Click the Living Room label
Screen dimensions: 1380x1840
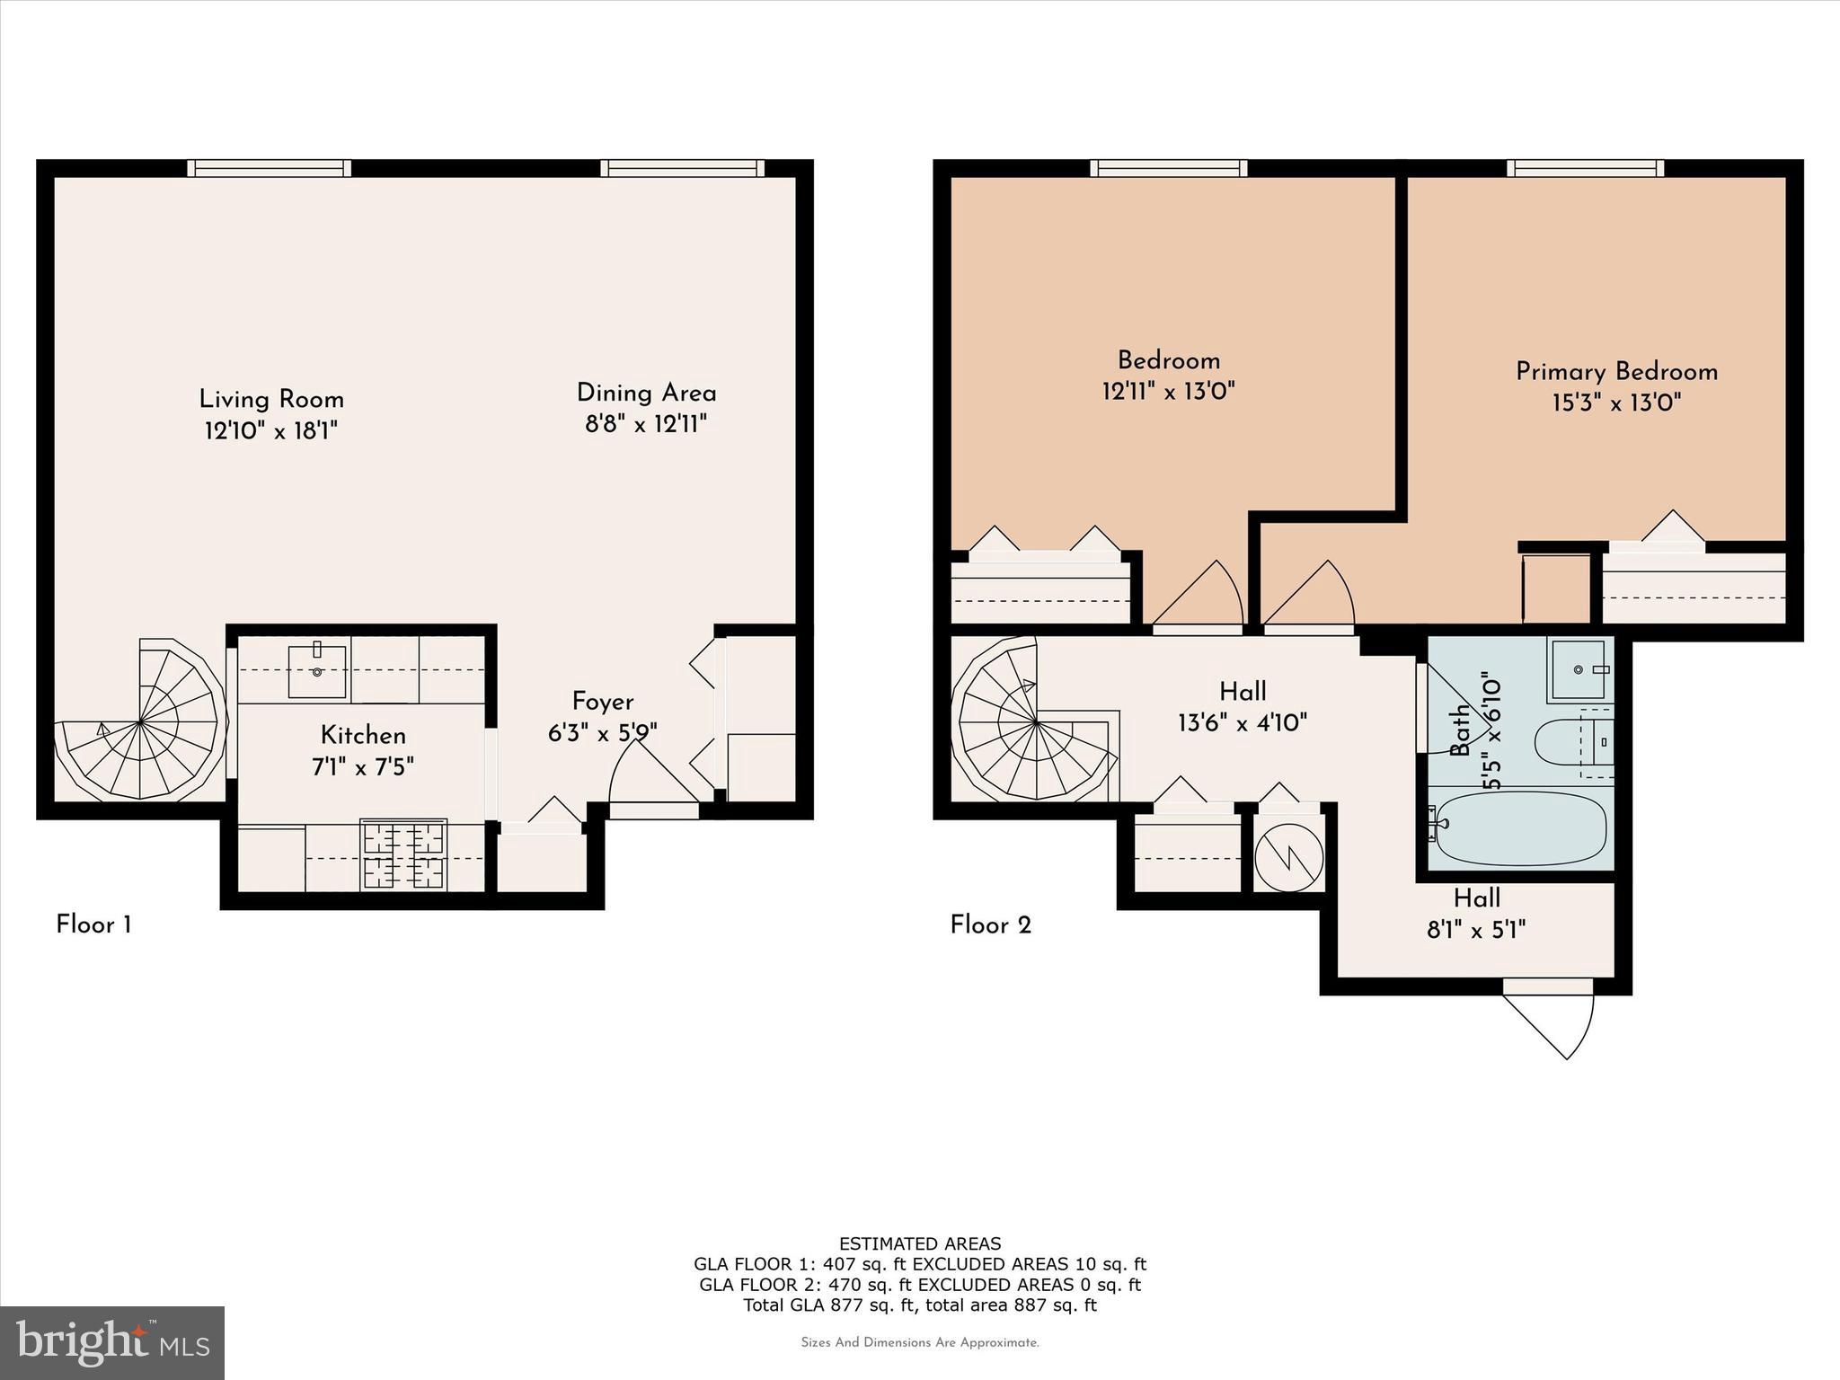coord(271,399)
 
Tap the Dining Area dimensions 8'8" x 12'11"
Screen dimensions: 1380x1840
coord(646,424)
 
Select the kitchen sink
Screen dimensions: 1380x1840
coord(316,670)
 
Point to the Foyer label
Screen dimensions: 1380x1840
coord(603,702)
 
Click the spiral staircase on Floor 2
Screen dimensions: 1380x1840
coord(1036,722)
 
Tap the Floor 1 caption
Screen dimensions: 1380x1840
coord(93,924)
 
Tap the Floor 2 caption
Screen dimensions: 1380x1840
coord(990,924)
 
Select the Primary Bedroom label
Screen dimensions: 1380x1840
coord(1616,371)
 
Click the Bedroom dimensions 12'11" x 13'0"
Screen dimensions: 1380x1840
coord(1168,391)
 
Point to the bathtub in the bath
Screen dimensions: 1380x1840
coord(1520,827)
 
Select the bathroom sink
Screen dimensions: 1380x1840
coord(1578,670)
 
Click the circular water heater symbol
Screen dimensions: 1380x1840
coord(1289,858)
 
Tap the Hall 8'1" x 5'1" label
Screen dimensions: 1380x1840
coord(1476,913)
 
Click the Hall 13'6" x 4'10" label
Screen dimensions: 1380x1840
coord(1243,706)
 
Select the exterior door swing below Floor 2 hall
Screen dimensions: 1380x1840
coord(1559,1024)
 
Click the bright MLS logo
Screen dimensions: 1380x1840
coord(112,1342)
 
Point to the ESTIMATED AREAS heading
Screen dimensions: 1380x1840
coord(919,1243)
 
